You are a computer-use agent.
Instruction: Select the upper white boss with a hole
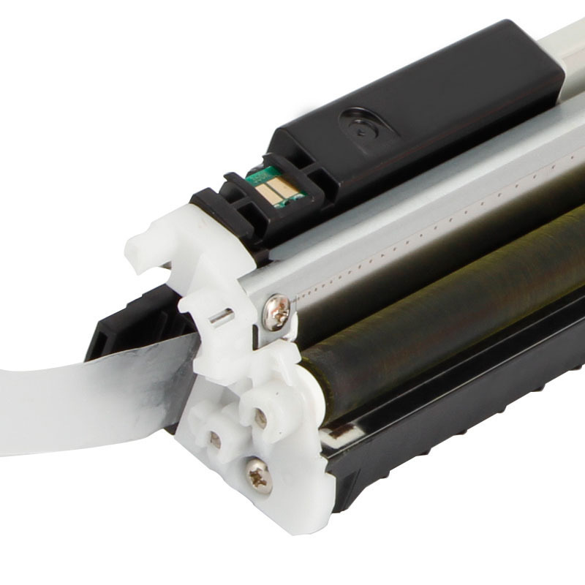click(260, 418)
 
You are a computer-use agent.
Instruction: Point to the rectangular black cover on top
click(424, 110)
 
